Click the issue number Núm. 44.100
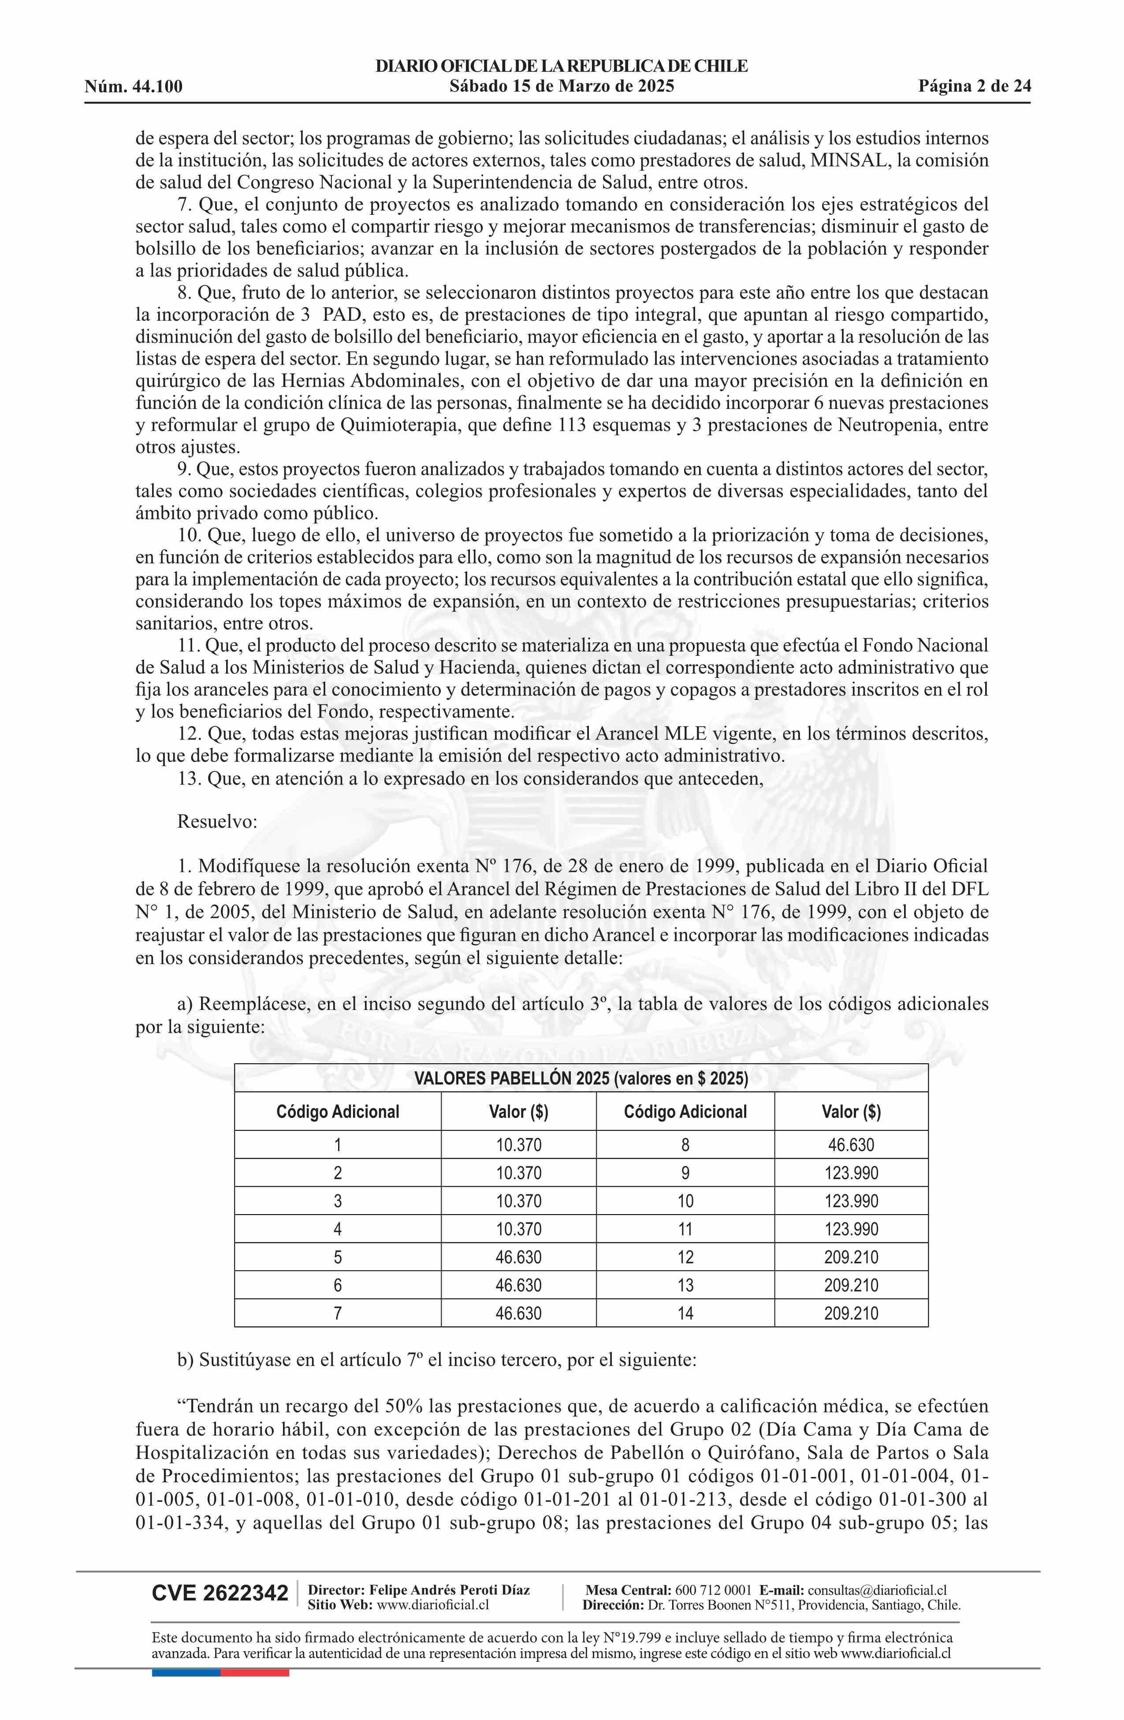(134, 87)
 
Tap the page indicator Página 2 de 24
(975, 87)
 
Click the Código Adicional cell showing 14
(685, 1313)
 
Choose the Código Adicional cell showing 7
(337, 1313)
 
